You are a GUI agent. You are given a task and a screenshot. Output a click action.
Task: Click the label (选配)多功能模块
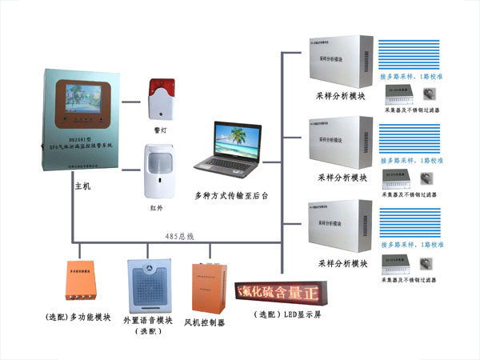pos(79,318)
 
